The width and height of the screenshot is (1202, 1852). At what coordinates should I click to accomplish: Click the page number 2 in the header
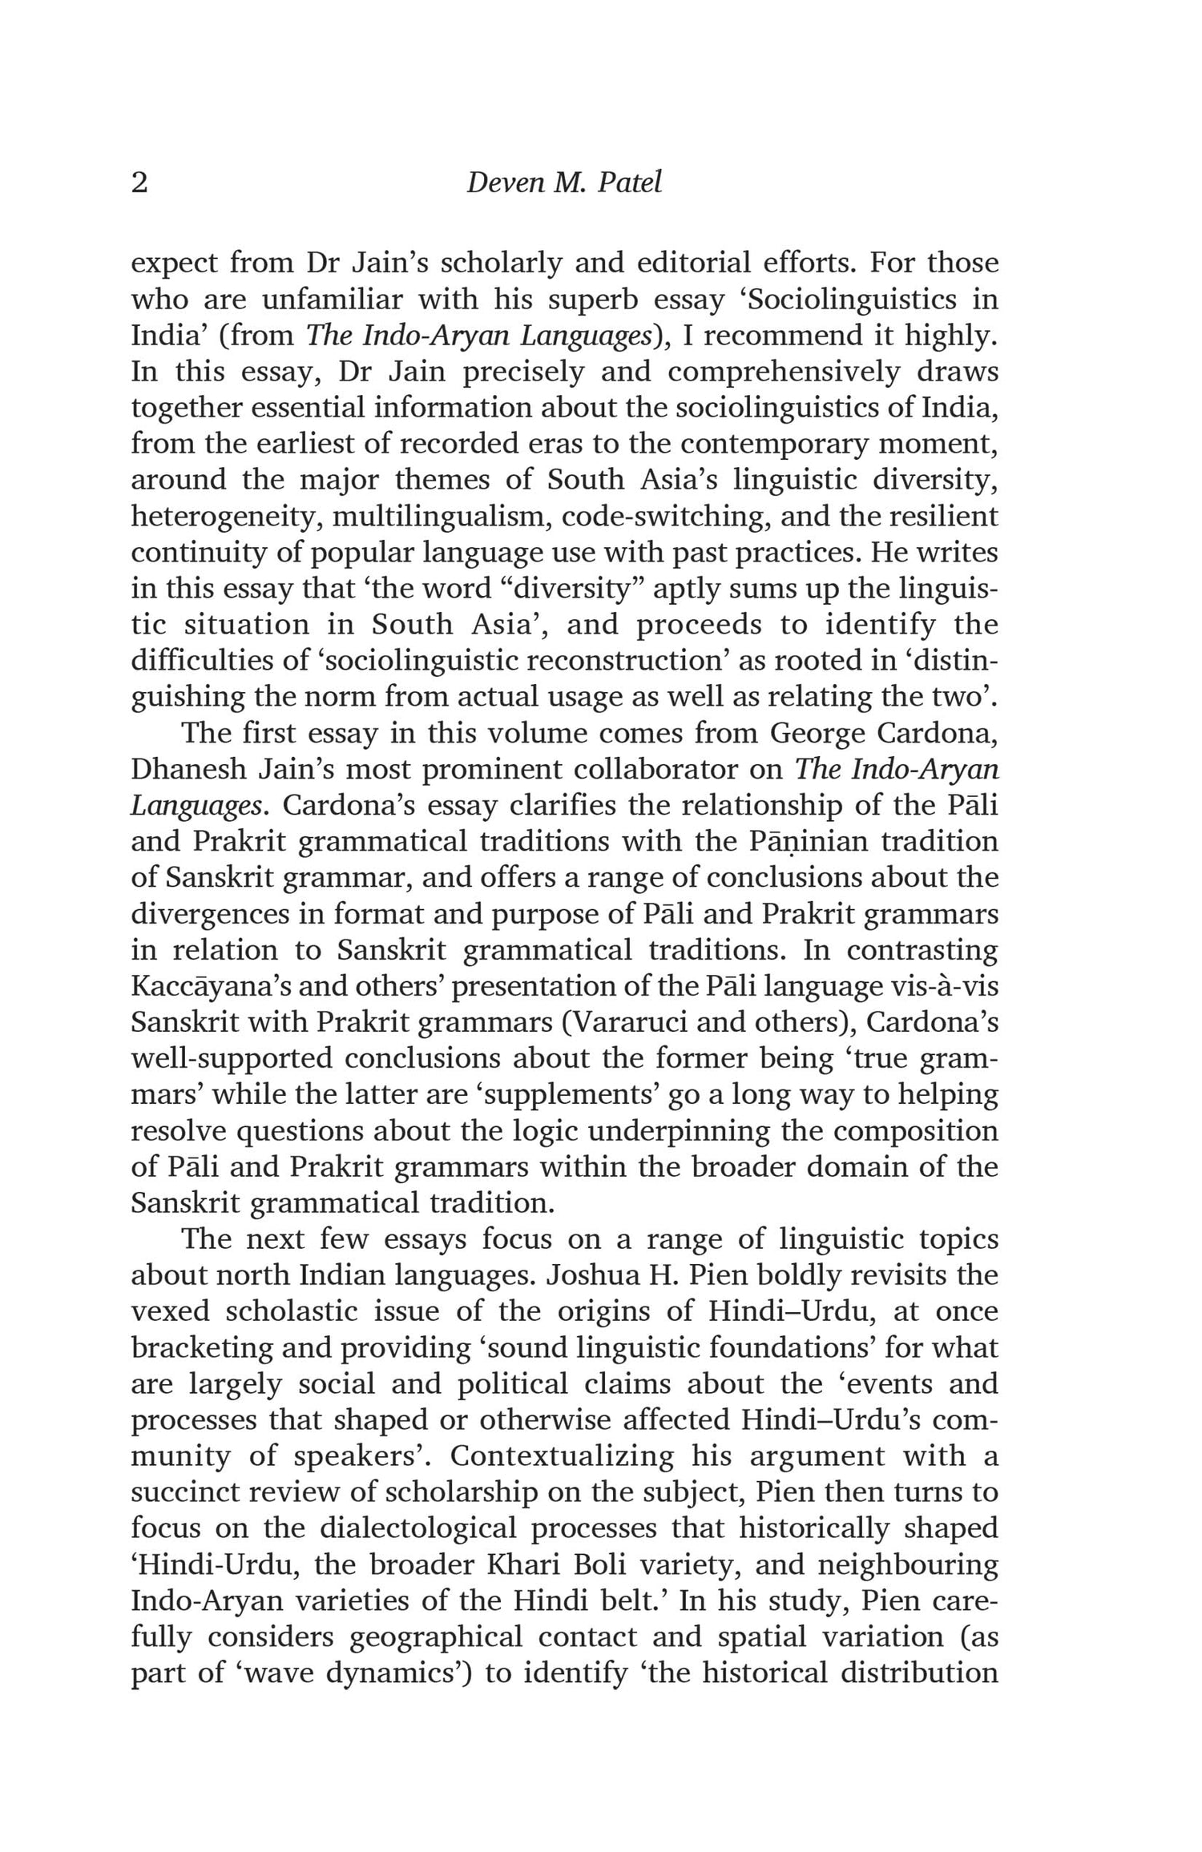coord(139,183)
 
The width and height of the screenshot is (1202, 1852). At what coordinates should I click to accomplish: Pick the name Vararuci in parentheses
coord(627,1023)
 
